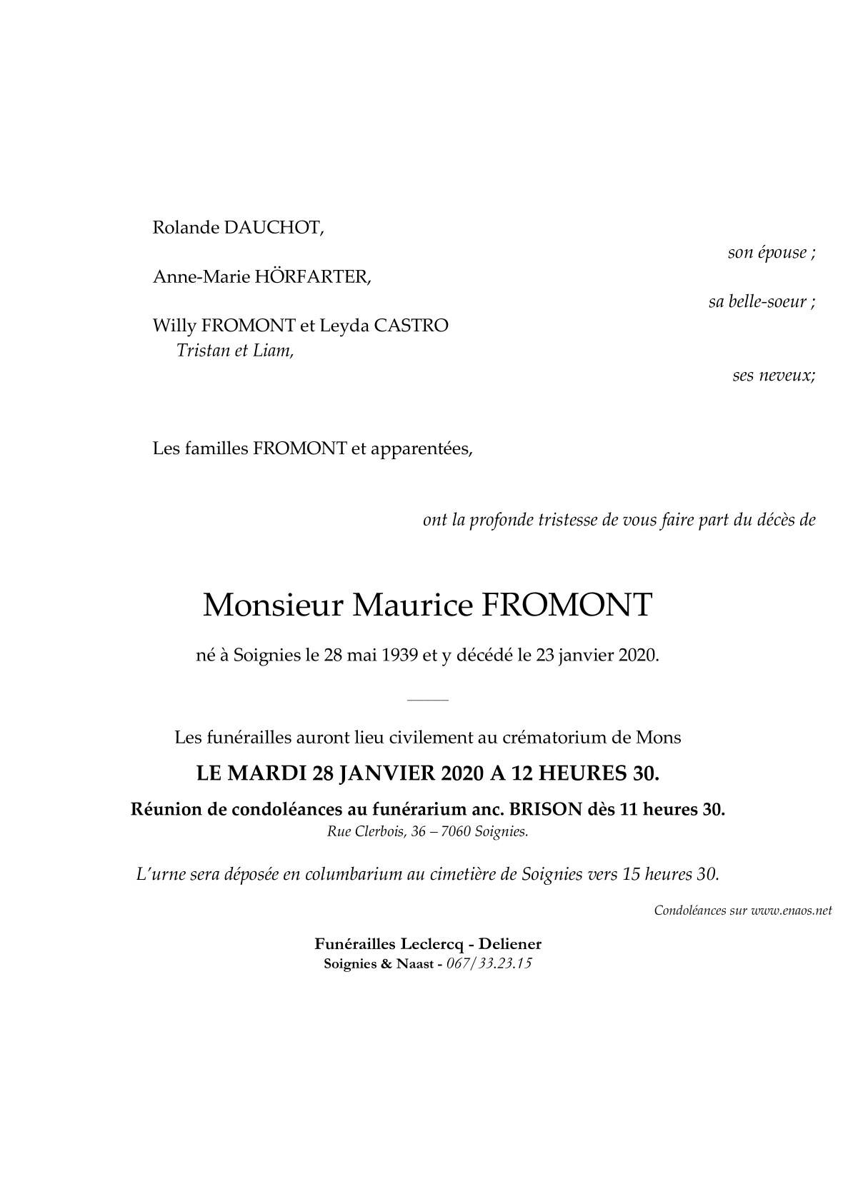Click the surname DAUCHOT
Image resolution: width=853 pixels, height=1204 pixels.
(274, 228)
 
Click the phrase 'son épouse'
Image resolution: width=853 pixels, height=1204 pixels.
(767, 252)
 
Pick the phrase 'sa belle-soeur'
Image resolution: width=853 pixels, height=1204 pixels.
(758, 301)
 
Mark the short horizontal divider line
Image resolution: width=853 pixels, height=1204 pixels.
(427, 701)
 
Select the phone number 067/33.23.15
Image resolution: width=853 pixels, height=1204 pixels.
(489, 963)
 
